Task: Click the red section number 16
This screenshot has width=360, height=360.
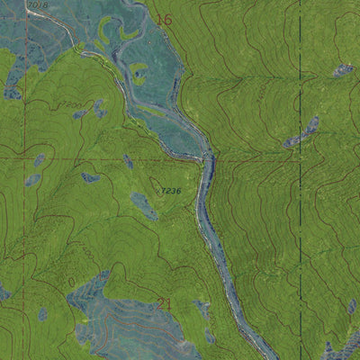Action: [x=163, y=20]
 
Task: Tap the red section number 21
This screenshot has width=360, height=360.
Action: [x=165, y=304]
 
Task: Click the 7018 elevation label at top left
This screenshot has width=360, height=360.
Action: [x=37, y=5]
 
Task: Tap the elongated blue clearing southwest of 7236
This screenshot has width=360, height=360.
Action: [x=143, y=205]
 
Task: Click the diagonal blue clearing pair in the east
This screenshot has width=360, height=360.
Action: [x=302, y=133]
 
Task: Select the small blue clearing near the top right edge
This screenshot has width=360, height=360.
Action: [x=343, y=69]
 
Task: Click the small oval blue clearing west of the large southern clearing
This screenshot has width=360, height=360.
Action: [x=43, y=314]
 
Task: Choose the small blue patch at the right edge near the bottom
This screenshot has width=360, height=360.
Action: [x=352, y=307]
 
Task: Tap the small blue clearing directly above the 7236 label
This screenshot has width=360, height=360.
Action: [x=128, y=162]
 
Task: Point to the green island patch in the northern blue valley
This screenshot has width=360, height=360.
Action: [x=138, y=71]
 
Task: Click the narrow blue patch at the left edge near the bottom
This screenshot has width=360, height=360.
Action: [x=4, y=292]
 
